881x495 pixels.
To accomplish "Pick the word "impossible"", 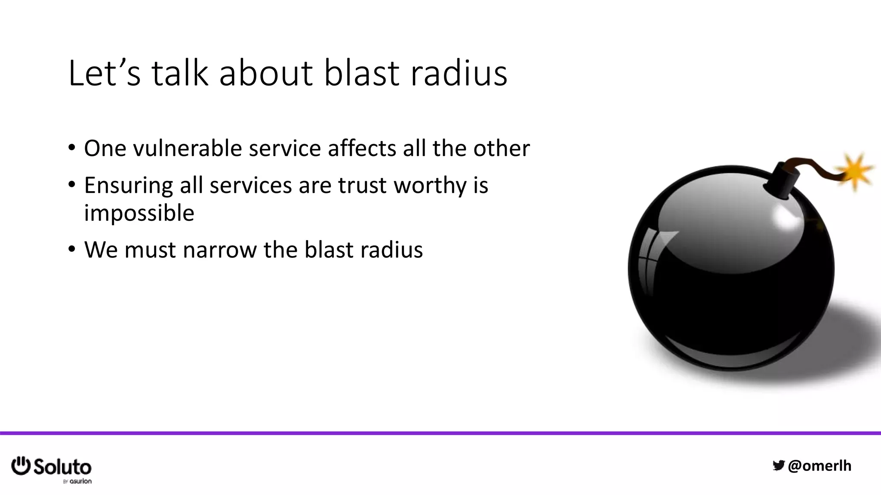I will (x=139, y=213).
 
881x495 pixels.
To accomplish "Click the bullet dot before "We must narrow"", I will (x=71, y=249).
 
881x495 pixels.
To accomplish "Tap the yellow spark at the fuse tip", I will (x=856, y=171).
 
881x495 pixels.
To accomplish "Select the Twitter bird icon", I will (x=778, y=465).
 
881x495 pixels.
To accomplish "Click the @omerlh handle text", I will (x=819, y=466).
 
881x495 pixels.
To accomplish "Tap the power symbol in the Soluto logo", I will (x=21, y=466).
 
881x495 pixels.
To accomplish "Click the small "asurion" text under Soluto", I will (x=80, y=481).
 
